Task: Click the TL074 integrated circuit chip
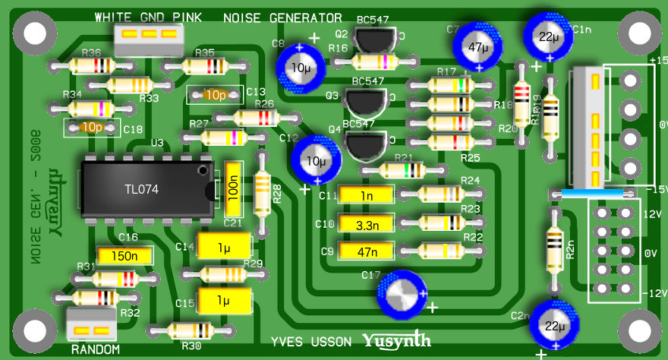pyautogui.click(x=144, y=189)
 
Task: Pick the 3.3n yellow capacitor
pyautogui.click(x=367, y=225)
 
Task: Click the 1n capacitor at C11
pyautogui.click(x=367, y=195)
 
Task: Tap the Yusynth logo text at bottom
pyautogui.click(x=396, y=340)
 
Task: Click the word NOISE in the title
pyautogui.click(x=241, y=17)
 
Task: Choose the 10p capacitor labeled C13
pyautogui.click(x=216, y=95)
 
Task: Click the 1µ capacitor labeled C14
pyautogui.click(x=223, y=247)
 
